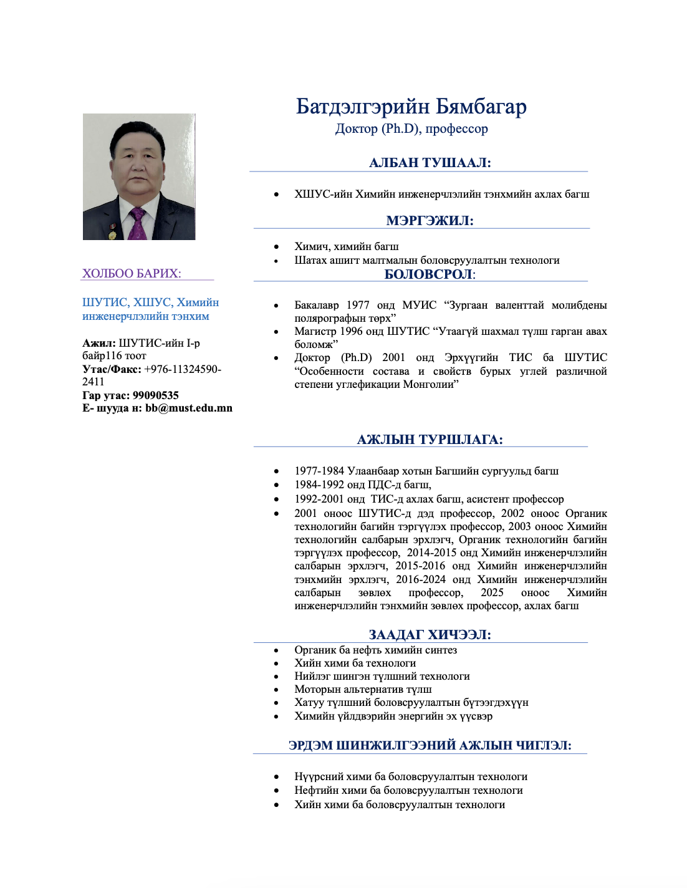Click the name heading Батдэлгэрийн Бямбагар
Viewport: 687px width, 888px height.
point(411,107)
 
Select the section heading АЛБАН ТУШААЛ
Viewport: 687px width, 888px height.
point(430,163)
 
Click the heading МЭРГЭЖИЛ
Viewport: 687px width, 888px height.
point(430,220)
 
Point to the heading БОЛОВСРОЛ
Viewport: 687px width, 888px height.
point(430,274)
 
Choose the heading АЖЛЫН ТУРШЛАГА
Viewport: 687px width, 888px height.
point(430,440)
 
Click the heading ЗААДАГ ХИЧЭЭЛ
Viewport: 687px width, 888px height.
point(430,635)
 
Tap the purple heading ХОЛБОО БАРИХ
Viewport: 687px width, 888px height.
point(132,273)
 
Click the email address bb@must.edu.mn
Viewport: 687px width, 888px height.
point(189,408)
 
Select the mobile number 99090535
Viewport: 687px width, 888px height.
point(156,395)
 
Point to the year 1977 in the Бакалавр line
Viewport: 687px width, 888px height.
point(358,305)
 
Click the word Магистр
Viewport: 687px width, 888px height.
point(315,331)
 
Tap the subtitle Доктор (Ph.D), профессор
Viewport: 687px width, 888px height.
point(411,128)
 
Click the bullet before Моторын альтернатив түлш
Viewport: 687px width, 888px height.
point(276,690)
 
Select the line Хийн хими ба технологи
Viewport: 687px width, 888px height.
point(355,663)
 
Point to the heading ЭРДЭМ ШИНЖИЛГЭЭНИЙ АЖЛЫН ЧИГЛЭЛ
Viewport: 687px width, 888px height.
point(430,745)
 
